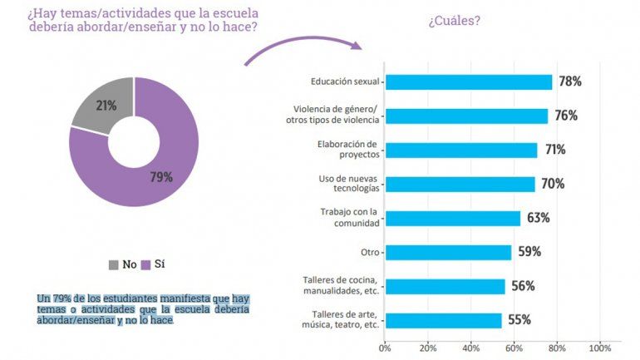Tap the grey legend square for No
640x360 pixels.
[x=113, y=264]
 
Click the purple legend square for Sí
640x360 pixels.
[x=145, y=264]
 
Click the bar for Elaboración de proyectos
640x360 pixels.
[x=461, y=150]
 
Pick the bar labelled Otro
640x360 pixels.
[x=448, y=252]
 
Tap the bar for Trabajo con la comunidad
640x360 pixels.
[x=452, y=218]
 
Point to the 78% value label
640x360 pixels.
[x=570, y=81]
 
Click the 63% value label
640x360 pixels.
[x=538, y=218]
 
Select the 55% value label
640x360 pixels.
[x=519, y=320]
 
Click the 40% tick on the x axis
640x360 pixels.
[x=470, y=347]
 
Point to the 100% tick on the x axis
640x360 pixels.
[x=598, y=347]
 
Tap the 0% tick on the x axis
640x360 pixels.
[x=384, y=347]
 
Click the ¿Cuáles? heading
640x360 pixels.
[x=454, y=22]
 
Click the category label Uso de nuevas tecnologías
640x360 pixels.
[x=349, y=183]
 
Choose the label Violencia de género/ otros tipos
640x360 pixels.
[x=337, y=115]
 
